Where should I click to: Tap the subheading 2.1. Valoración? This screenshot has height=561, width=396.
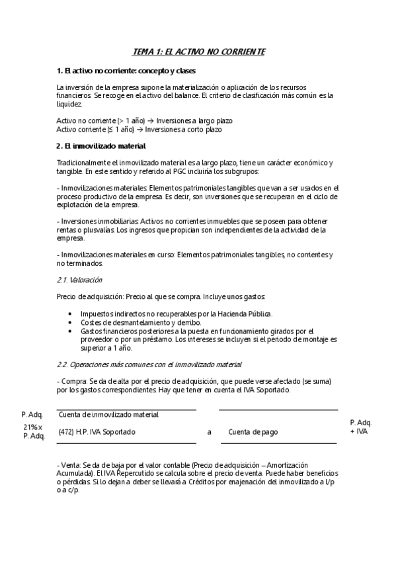(79, 280)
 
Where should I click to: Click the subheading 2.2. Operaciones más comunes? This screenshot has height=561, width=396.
(149, 364)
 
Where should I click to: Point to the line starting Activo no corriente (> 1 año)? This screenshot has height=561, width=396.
(144, 121)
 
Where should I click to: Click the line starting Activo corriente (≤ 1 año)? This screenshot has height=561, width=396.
(139, 130)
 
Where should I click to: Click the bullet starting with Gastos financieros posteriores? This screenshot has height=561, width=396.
(205, 339)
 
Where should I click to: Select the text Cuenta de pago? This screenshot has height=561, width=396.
(253, 431)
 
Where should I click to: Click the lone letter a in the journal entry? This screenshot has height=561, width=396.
(209, 431)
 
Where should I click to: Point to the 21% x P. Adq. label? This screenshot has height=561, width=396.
(34, 431)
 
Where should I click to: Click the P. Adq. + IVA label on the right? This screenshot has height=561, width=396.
(360, 427)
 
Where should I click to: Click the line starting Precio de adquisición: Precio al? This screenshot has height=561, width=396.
(161, 297)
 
